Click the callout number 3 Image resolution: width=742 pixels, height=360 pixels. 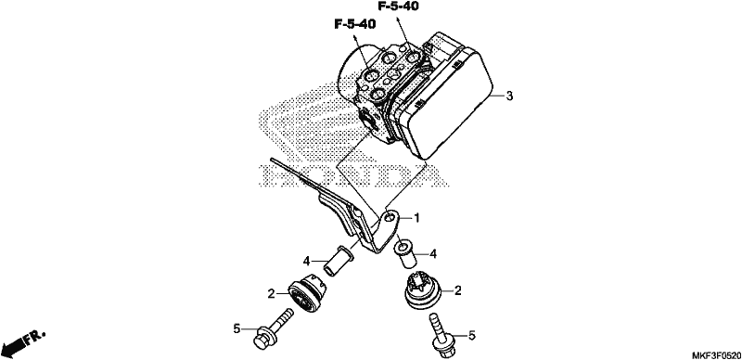[508, 96]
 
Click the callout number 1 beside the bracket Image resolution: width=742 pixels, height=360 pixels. [416, 218]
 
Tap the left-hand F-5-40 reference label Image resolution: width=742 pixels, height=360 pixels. [355, 24]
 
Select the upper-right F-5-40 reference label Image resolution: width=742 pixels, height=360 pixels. [398, 6]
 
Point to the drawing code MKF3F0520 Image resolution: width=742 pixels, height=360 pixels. [716, 355]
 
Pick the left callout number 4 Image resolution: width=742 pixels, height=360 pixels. [307, 261]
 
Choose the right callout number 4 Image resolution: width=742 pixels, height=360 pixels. [432, 254]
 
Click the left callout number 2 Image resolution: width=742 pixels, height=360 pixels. [271, 294]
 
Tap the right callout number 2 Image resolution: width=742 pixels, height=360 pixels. [457, 290]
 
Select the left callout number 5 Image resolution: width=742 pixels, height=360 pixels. [237, 328]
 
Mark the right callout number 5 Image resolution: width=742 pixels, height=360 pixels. [471, 335]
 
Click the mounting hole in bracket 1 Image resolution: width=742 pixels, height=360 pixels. [390, 217]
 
